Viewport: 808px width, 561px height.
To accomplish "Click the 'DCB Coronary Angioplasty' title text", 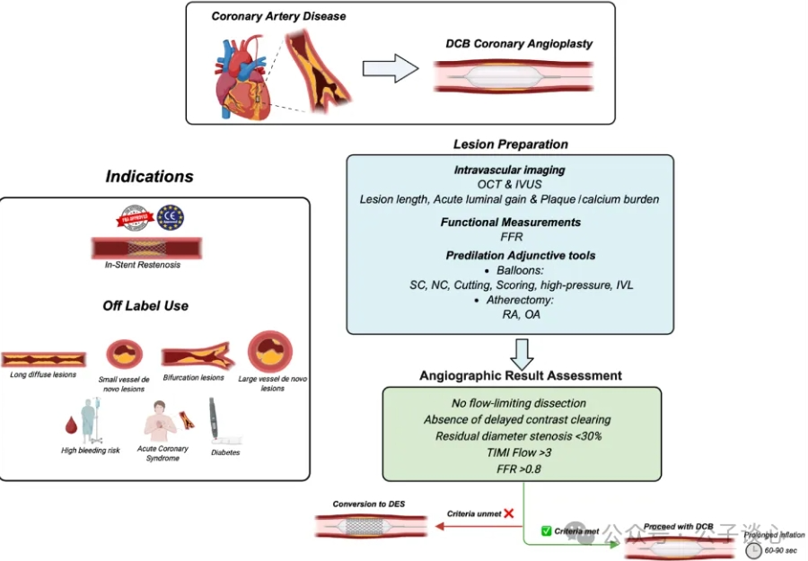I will [x=519, y=44].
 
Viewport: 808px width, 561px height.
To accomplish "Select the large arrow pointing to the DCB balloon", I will [x=391, y=70].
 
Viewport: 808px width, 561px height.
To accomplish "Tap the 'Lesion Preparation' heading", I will [x=510, y=144].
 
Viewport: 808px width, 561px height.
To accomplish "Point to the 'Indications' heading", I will [x=149, y=177].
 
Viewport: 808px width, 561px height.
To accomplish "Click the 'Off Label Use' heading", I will [x=145, y=305].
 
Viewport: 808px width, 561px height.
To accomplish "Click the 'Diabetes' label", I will [x=224, y=452].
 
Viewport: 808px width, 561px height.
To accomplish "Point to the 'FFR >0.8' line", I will [x=522, y=469].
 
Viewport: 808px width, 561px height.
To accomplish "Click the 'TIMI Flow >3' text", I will [x=522, y=451].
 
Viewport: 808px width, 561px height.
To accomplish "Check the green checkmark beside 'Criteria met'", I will [x=546, y=531].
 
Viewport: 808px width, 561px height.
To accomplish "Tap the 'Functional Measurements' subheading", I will [x=510, y=222].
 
